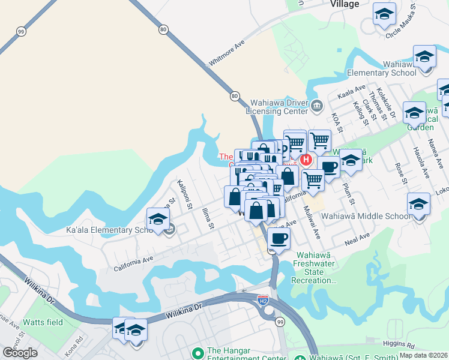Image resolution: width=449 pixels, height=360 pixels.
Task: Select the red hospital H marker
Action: (306, 160)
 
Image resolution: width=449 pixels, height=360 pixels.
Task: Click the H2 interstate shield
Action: (262, 298)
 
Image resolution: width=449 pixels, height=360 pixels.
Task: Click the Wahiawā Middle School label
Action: (366, 216)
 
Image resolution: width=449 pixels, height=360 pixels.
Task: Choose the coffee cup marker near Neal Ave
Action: (279, 238)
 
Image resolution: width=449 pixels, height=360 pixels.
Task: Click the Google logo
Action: (20, 353)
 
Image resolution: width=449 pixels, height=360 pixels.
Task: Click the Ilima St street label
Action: (208, 218)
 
